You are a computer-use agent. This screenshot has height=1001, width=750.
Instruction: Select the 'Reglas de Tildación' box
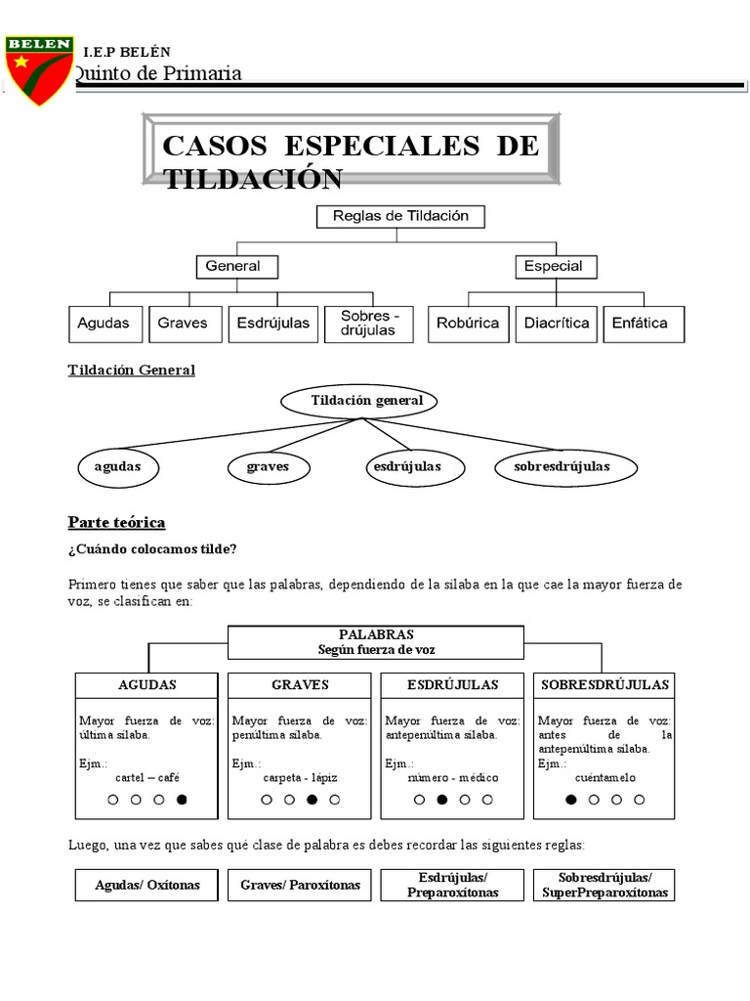400,216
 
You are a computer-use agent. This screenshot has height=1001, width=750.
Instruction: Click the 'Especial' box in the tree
553,266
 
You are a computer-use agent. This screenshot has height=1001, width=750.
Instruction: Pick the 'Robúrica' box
468,324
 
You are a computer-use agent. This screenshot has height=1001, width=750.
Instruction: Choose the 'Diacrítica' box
557,324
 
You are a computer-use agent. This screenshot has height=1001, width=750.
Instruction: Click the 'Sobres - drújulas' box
369,324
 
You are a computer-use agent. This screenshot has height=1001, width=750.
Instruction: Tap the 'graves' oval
268,467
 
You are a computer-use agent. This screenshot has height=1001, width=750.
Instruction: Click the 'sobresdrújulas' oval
562,467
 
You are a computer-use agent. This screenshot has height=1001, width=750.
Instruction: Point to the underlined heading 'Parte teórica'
116,522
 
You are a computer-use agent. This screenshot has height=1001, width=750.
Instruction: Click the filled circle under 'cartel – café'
182,800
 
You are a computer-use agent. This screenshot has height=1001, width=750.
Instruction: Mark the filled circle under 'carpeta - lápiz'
312,800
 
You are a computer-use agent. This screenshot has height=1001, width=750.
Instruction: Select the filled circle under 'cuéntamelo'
571,800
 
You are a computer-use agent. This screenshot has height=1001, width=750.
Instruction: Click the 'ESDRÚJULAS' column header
452,685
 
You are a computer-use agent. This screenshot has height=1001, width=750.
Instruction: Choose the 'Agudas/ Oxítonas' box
146,885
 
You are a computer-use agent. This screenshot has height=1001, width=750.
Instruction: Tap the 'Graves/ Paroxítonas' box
300,885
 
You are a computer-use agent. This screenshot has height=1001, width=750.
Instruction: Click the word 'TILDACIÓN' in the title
253,179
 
